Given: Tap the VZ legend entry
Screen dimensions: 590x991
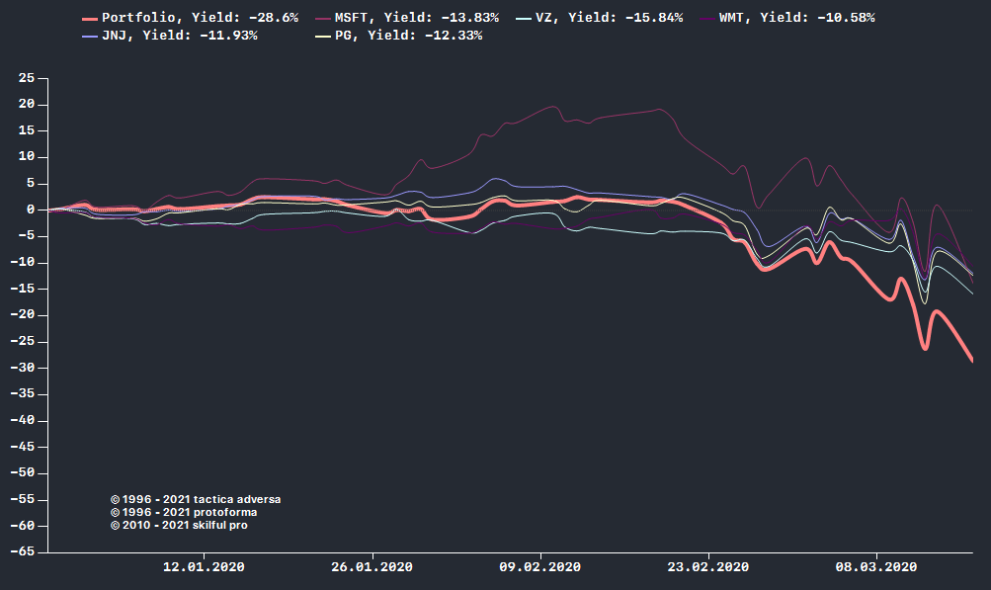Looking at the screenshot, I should [609, 18].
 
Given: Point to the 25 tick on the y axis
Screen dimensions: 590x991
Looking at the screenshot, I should [27, 78].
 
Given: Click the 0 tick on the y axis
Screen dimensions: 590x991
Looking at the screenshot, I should [31, 210].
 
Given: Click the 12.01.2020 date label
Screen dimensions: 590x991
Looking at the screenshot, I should [204, 567].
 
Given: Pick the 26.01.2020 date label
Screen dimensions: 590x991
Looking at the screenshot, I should [372, 567].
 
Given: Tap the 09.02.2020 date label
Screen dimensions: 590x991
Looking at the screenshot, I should [539, 567].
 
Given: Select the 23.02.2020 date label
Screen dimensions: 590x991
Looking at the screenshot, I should [707, 567].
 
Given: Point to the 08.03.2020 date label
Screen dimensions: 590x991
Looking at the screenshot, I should [875, 567].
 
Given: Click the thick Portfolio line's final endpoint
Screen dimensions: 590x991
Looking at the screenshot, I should [972, 360].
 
